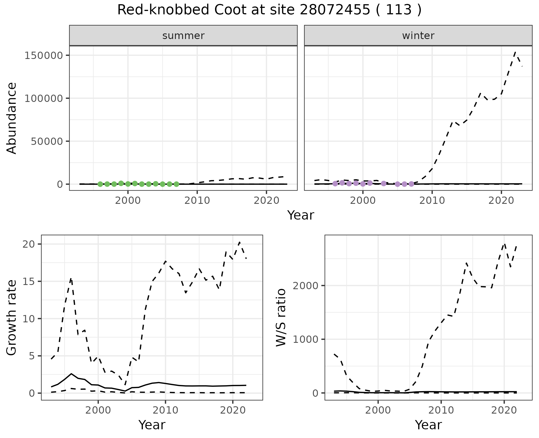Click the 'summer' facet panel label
tap(183, 36)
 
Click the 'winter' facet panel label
tap(418, 36)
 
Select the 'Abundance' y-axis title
tap(12, 118)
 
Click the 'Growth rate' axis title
tap(12, 318)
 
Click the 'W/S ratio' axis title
tap(281, 318)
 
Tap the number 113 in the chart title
tap(399, 10)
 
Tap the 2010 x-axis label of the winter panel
tap(432, 200)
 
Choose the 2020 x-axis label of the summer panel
tap(266, 200)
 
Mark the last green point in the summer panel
tap(176, 184)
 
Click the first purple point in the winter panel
tap(335, 184)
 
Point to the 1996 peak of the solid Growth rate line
tap(71, 374)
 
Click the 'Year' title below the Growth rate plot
tap(152, 425)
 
